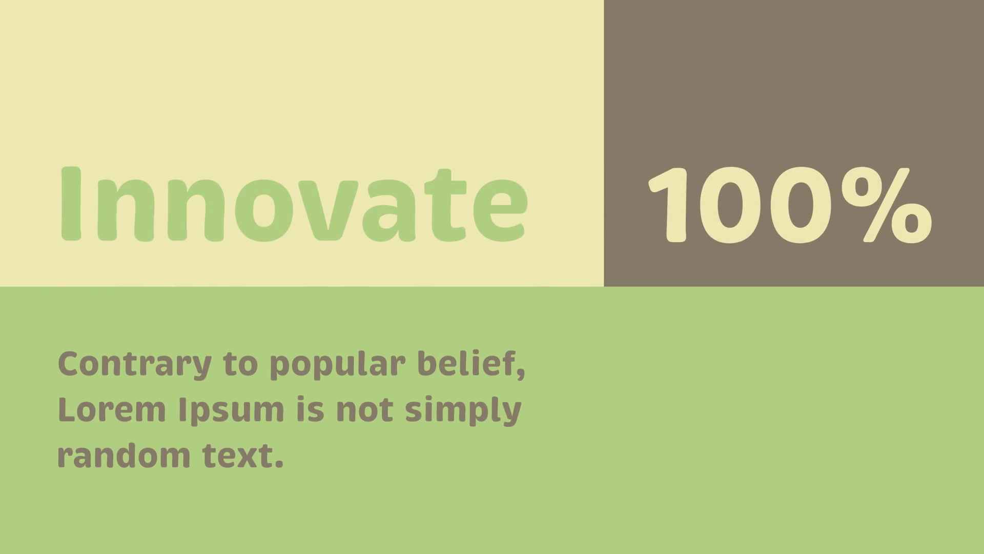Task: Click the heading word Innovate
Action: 294,204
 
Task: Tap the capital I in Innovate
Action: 71,204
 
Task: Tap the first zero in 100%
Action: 728,205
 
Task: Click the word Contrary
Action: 135,365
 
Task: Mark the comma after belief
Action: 521,374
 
